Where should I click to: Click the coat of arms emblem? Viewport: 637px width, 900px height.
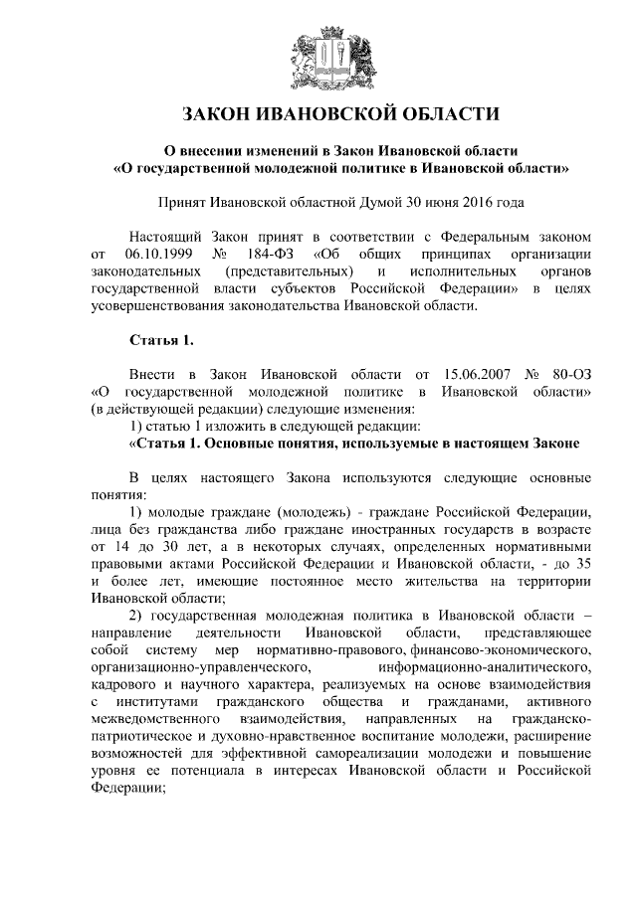tap(318, 50)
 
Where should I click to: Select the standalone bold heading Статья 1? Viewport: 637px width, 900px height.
tap(160, 341)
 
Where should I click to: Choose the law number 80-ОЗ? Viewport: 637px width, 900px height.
tap(570, 375)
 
